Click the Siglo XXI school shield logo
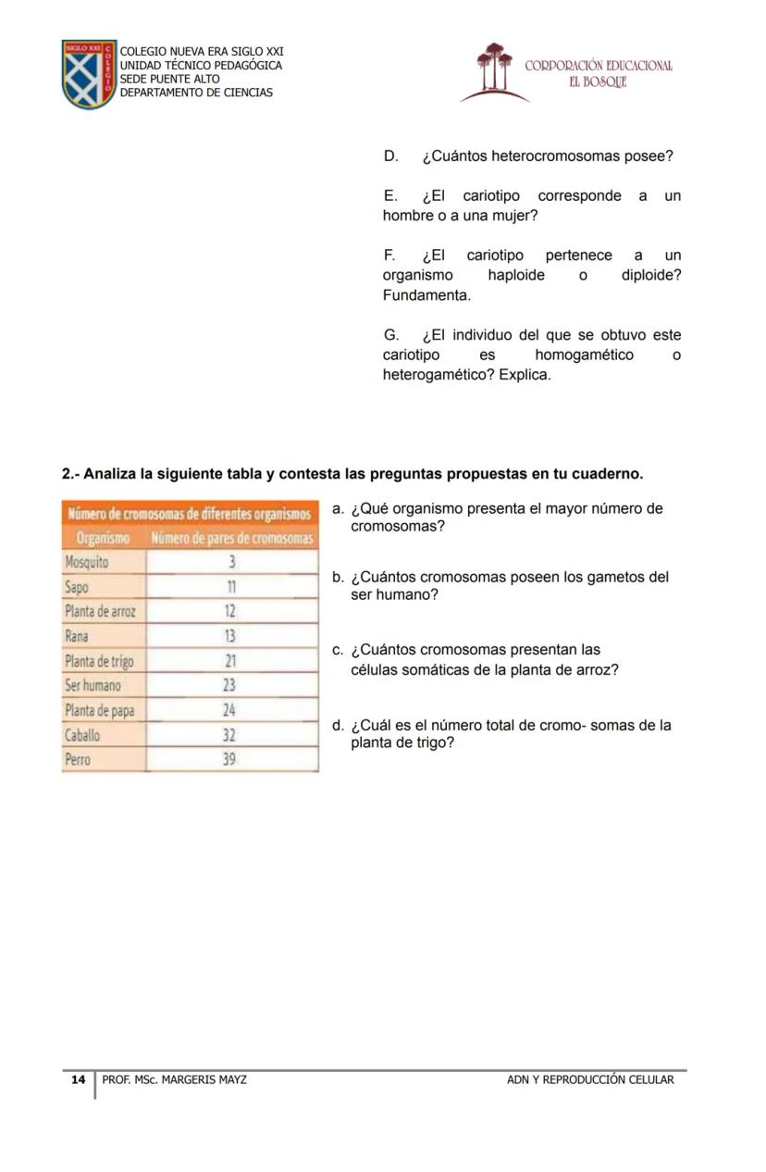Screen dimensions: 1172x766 (x=89, y=74)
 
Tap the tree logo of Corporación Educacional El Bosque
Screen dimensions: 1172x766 (x=494, y=69)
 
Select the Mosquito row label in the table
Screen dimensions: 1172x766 (x=86, y=562)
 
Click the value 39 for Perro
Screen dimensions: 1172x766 (x=230, y=759)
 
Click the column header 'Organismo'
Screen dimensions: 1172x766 (x=102, y=538)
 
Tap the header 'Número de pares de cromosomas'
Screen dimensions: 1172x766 (x=232, y=538)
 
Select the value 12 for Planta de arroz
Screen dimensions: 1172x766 (x=230, y=611)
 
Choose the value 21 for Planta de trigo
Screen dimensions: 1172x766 (x=231, y=661)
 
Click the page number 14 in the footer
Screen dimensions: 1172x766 (x=79, y=1079)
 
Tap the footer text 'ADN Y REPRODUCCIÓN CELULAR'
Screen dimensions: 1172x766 (x=590, y=1079)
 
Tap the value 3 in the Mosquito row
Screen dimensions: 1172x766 (x=232, y=562)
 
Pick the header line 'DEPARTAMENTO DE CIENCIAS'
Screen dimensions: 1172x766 (x=196, y=93)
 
